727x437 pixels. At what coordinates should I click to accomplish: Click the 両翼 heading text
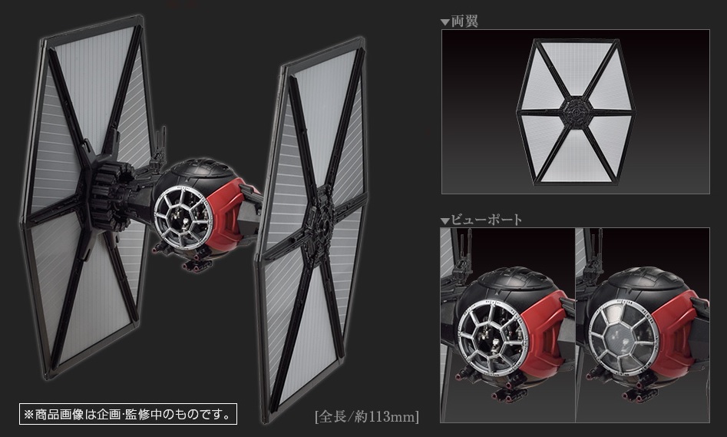464,21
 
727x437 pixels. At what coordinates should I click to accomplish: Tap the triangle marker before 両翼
444,22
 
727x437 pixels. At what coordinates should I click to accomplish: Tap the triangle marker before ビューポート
444,221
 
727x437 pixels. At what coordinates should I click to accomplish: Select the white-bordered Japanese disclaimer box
127,414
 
